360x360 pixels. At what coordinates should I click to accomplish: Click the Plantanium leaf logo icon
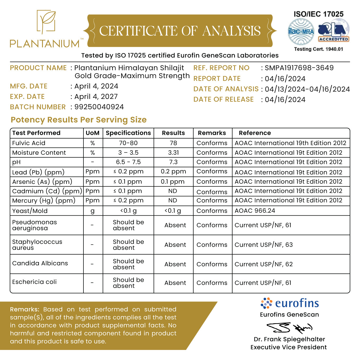pyautogui.click(x=46, y=22)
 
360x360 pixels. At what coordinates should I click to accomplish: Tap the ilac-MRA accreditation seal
pyautogui.click(x=301, y=32)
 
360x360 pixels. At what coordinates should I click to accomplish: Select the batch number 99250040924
pyautogui.click(x=99, y=107)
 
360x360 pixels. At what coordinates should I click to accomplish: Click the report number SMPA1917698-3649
pyautogui.click(x=299, y=68)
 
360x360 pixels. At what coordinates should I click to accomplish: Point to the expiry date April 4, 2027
pyautogui.click(x=96, y=96)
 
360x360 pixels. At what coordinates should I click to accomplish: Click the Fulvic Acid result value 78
pyautogui.click(x=173, y=143)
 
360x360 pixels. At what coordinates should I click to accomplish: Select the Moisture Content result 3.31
pyautogui.click(x=173, y=153)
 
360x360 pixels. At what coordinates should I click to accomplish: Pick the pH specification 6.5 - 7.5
pyautogui.click(x=128, y=162)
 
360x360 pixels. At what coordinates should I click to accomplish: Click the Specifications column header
pyautogui.click(x=128, y=133)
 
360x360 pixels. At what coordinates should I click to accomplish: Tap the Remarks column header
pyautogui.click(x=212, y=133)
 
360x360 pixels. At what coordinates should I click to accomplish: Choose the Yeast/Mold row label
pyautogui.click(x=30, y=211)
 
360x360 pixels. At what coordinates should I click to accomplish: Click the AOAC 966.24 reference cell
pyautogui.click(x=255, y=211)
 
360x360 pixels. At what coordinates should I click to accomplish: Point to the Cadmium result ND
pyautogui.click(x=173, y=191)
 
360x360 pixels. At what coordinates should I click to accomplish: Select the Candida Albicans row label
pyautogui.click(x=40, y=263)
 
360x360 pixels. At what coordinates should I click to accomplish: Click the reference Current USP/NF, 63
pyautogui.click(x=264, y=245)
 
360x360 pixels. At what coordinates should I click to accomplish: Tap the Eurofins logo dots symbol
pyautogui.click(x=266, y=303)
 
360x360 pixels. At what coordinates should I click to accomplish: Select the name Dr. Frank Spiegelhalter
pyautogui.click(x=289, y=339)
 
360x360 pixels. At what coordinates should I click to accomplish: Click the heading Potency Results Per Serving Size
pyautogui.click(x=79, y=120)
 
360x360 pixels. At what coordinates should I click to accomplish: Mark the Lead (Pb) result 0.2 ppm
pyautogui.click(x=173, y=171)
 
